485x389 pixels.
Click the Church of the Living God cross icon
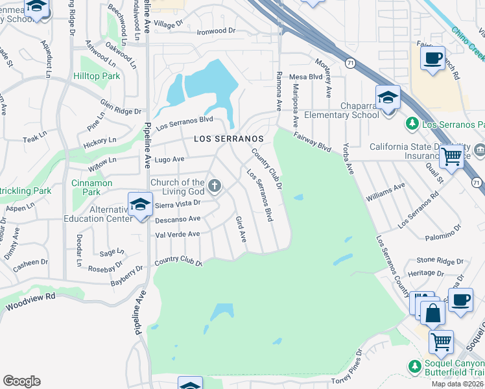[215, 187]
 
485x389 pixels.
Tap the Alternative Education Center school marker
[139, 205]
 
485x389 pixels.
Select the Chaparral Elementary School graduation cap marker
[388, 97]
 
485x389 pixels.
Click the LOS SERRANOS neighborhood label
[229, 139]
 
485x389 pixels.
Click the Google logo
[21, 381]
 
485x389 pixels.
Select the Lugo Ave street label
[170, 159]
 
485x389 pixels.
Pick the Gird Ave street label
[241, 230]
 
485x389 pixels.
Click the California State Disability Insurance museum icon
[480, 150]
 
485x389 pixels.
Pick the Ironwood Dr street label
[216, 30]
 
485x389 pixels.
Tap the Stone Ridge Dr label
[434, 260]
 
